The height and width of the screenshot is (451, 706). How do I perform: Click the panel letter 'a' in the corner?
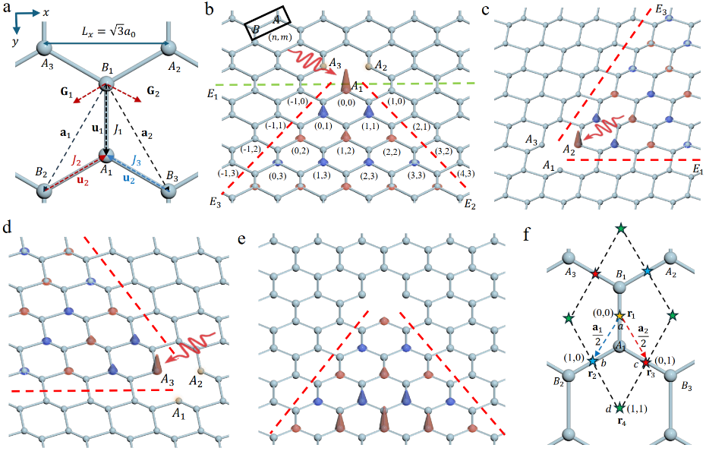[7, 8]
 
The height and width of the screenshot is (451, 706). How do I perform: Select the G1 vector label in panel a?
[67, 93]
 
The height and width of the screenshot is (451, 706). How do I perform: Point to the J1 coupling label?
[118, 130]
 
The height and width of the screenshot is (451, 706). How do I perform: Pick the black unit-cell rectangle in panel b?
[268, 23]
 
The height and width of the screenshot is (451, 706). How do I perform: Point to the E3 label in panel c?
[661, 10]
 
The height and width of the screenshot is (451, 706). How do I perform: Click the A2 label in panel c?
[569, 148]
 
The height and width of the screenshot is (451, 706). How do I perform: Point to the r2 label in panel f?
[591, 374]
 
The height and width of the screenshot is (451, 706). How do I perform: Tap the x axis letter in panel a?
[46, 13]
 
